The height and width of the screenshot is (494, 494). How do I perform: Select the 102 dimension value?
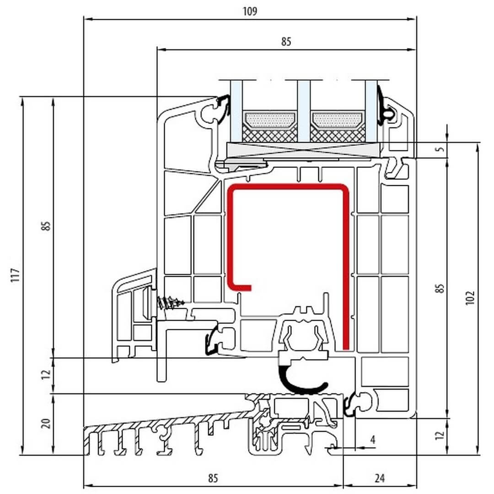(x=472, y=298)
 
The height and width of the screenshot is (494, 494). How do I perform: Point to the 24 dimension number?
(x=379, y=478)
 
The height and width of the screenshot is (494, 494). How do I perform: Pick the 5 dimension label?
(x=440, y=149)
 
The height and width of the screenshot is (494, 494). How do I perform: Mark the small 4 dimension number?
(x=372, y=440)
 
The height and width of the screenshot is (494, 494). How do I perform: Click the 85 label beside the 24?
(x=212, y=478)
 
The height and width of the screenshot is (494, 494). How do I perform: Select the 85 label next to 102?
(x=440, y=289)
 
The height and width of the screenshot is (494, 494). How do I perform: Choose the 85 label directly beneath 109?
(x=286, y=42)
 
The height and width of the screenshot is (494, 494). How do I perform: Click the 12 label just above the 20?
(x=45, y=375)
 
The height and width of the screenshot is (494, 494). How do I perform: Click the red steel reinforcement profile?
(x=345, y=256)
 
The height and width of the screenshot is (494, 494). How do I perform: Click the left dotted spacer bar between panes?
(x=270, y=120)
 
